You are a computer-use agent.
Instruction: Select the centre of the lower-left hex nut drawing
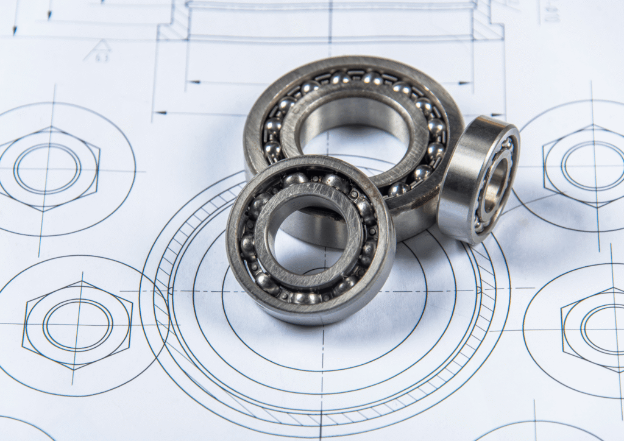click(77, 324)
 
